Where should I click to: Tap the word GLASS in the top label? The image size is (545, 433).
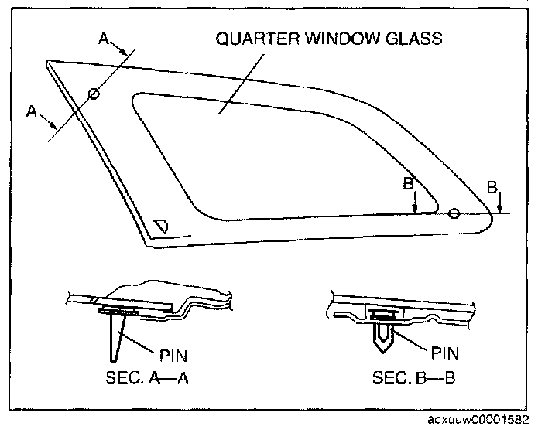coord(416,39)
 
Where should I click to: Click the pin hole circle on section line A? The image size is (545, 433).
coord(94,94)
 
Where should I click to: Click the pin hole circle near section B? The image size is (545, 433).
coord(454,213)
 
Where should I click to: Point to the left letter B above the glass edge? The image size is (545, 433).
coord(408,185)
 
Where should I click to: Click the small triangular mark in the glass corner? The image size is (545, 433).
coord(162,226)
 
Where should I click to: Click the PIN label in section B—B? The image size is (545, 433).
coord(444,353)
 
